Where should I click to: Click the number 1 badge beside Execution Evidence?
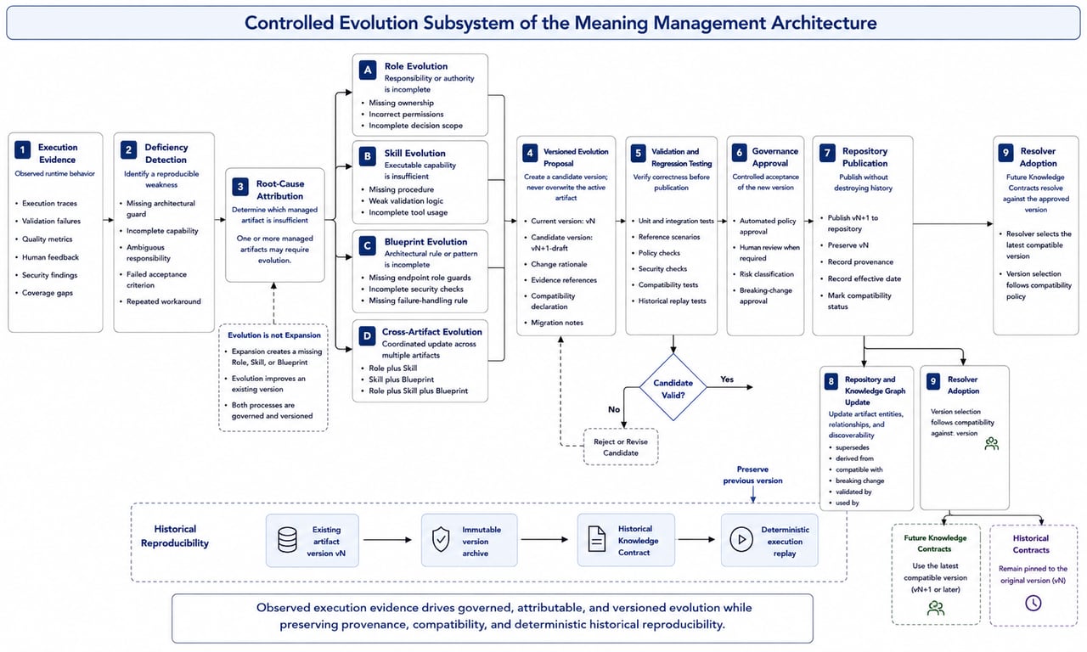point(22,149)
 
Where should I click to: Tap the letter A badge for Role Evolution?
point(368,70)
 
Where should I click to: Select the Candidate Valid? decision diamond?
point(673,387)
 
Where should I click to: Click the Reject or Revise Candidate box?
point(621,447)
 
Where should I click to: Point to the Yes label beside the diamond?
point(726,379)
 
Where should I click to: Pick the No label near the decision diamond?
point(614,409)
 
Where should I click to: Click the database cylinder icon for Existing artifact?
point(287,540)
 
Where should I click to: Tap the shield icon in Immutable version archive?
point(441,539)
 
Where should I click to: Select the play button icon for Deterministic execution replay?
point(741,539)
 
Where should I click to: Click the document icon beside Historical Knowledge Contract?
point(596,539)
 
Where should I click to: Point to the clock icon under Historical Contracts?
point(1033,603)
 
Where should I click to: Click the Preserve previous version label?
point(752,475)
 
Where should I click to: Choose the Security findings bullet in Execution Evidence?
point(49,275)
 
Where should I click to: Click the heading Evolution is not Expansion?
point(274,335)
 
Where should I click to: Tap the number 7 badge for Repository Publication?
point(827,154)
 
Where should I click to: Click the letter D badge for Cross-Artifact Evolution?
point(367,335)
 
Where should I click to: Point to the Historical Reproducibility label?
point(175,536)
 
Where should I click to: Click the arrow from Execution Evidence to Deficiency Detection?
point(108,220)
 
